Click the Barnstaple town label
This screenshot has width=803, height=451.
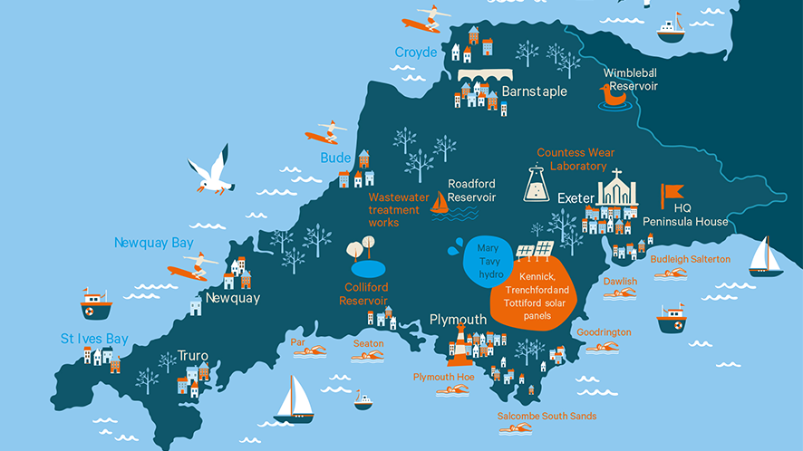click(535, 91)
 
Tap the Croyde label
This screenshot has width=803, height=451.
click(416, 53)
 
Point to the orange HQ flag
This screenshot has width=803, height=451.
click(672, 193)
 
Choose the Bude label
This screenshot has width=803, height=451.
click(335, 158)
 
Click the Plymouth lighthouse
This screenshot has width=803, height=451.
click(460, 343)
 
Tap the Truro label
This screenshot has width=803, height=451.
click(193, 355)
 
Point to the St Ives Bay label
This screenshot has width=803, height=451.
click(94, 339)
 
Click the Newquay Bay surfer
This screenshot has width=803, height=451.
click(191, 268)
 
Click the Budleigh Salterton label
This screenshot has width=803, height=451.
click(691, 259)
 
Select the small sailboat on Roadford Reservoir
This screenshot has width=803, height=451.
click(440, 203)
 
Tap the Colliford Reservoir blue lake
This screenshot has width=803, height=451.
click(368, 268)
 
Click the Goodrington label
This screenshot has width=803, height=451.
click(604, 332)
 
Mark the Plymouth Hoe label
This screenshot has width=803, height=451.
click(444, 376)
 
